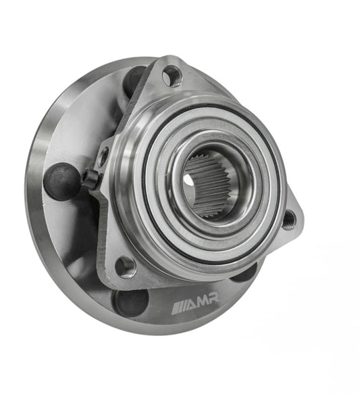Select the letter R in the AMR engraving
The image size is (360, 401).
pos(213,298)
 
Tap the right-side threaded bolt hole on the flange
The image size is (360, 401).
pos(288,219)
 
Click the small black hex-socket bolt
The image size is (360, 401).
pos(90,178)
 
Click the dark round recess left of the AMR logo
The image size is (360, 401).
pos(130,303)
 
